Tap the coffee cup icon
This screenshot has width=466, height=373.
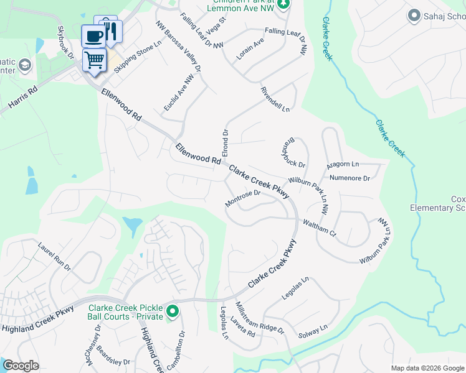click(x=94, y=36)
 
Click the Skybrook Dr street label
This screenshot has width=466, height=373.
click(x=65, y=42)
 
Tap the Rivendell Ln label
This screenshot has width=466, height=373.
click(x=275, y=99)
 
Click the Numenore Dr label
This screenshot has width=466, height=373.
click(x=349, y=178)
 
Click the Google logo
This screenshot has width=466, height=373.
click(x=21, y=366)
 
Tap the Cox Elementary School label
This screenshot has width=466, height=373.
click(x=439, y=203)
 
